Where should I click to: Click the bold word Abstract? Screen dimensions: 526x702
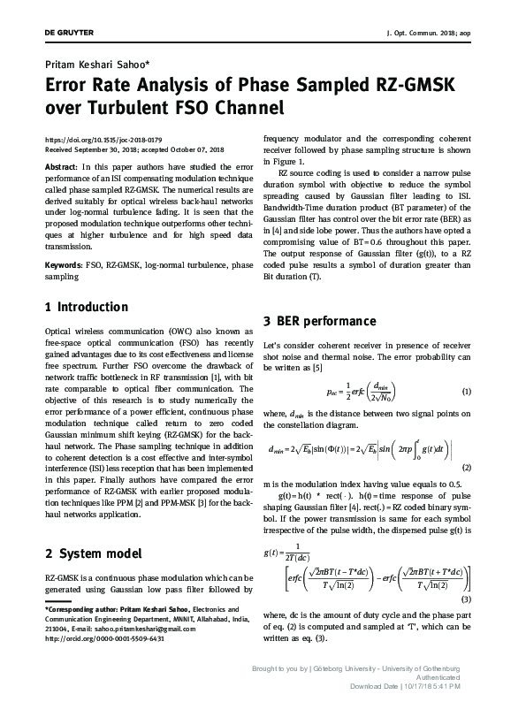click(60, 166)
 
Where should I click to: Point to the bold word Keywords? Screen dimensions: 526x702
click(64, 264)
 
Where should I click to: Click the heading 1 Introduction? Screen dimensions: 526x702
click(86, 308)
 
